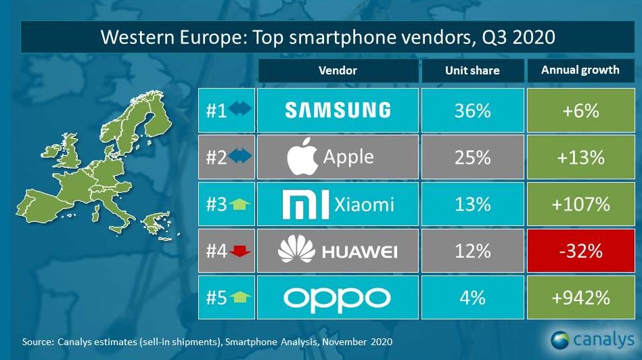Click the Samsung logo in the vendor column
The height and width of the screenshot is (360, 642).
point(338,110)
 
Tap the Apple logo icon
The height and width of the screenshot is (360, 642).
point(302,158)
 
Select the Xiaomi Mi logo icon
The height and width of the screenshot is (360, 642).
point(304,204)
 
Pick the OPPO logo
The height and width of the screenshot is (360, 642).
point(338,298)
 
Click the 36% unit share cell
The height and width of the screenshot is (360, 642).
point(473,110)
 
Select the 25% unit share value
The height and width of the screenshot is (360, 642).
point(473,158)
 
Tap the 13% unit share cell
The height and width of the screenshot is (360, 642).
point(473,204)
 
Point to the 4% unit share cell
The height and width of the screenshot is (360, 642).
point(473,298)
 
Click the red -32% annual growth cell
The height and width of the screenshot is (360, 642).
point(580,251)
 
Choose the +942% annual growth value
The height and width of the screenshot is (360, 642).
point(580,298)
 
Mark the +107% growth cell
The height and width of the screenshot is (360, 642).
point(580,204)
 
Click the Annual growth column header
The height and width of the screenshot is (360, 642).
point(580,70)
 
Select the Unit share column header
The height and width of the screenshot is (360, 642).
point(473,70)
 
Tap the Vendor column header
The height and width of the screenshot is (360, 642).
point(338,70)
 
